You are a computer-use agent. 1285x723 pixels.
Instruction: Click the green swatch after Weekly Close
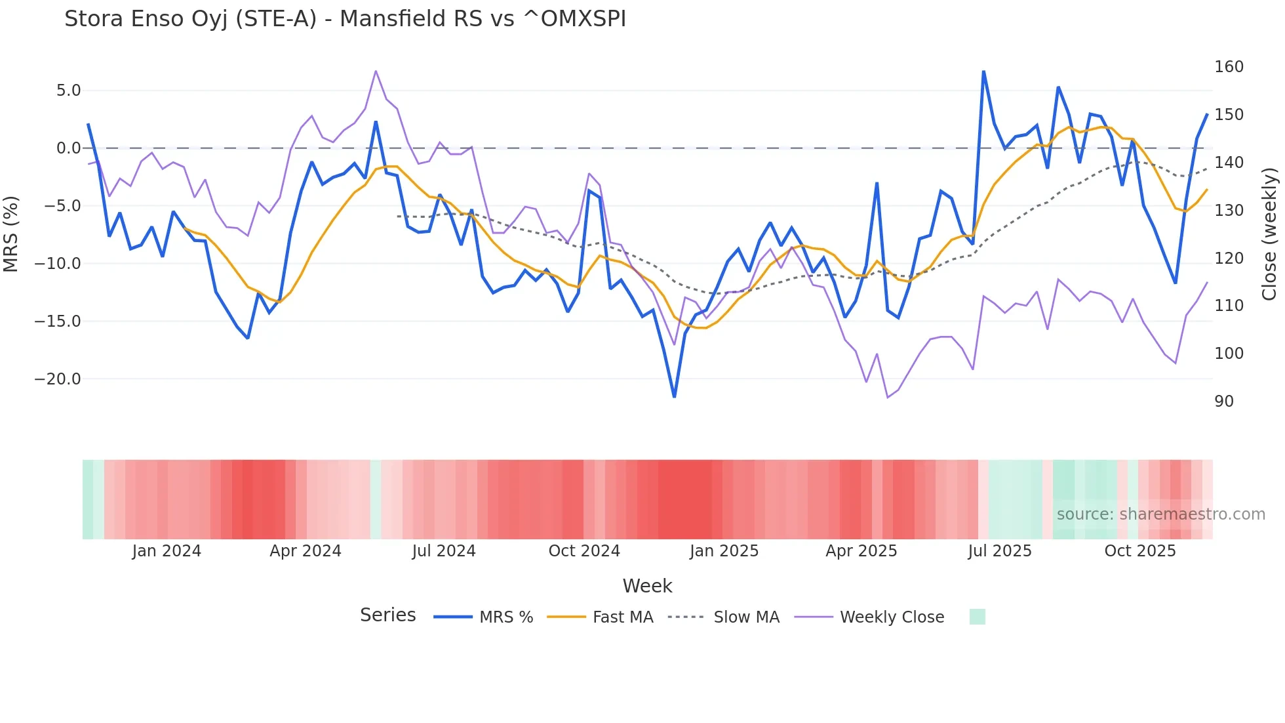pos(977,617)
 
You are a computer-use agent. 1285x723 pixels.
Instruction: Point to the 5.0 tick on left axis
pos(68,91)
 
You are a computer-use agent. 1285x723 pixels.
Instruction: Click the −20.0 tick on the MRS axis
pos(58,379)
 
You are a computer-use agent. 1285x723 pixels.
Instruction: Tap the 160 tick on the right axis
pos(1229,67)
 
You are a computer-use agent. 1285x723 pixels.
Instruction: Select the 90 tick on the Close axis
pos(1223,402)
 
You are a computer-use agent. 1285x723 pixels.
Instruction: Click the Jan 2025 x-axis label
pos(724,551)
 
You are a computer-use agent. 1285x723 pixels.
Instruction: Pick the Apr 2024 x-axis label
pos(306,551)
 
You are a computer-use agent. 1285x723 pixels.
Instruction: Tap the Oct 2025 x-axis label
pos(1140,551)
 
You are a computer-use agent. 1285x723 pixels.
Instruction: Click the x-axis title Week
pos(647,586)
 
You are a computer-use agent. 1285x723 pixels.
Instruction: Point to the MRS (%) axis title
pos(11,234)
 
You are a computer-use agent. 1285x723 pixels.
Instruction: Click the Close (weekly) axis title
pos(1269,234)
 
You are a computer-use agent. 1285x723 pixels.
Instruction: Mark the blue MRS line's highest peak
pos(983,72)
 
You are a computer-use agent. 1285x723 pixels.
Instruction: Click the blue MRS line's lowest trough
pos(674,396)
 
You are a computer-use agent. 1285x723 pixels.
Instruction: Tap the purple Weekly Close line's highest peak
pos(376,71)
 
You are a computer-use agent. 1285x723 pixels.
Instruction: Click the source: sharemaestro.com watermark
pos(1160,514)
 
